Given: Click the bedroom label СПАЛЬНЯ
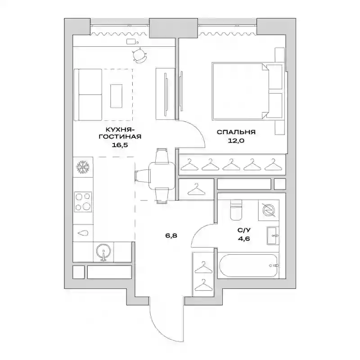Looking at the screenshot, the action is [236, 132].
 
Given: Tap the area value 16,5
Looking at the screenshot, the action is [120, 145].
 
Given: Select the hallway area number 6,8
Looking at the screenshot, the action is [171, 235].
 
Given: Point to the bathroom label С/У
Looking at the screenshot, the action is [244, 230].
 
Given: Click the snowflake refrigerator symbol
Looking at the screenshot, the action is [83, 167].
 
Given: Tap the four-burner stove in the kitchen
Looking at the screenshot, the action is [83, 202].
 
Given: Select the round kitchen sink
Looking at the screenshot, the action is [104, 252].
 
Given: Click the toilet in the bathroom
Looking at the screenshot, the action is [236, 209].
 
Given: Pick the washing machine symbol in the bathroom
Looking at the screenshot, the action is [269, 210].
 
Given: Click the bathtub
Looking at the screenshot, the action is [248, 265].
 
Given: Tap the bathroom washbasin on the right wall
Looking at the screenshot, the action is [273, 235].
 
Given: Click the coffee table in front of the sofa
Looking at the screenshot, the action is [116, 96].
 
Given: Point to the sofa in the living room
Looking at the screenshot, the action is [88, 94].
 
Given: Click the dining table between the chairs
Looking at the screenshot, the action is [162, 175].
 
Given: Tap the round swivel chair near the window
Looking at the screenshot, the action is [139, 56].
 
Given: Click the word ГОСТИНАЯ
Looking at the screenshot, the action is [120, 137].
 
